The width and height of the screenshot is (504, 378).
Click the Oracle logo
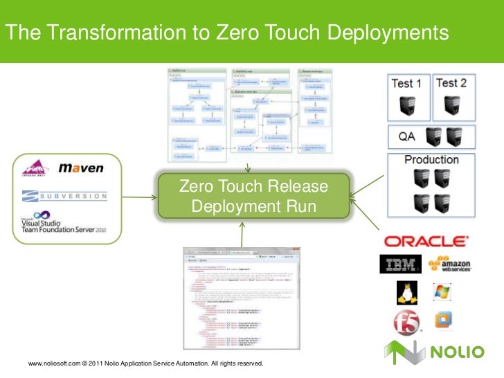[x=425, y=242]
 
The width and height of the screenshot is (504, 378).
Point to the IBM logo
[x=400, y=266]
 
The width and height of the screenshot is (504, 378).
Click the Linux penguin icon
[x=405, y=294]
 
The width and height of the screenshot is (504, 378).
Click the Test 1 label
[x=406, y=84]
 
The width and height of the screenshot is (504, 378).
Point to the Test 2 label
[x=451, y=83]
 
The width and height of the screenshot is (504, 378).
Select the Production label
[x=431, y=160]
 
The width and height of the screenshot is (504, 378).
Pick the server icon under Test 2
[x=451, y=106]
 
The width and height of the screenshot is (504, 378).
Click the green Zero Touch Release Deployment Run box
[x=253, y=197]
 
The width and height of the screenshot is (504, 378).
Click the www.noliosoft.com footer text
[x=53, y=364]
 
